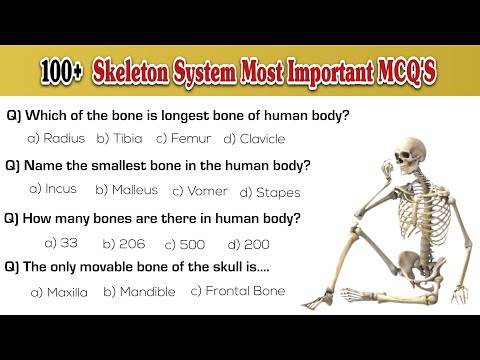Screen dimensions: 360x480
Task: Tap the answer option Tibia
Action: tap(122, 138)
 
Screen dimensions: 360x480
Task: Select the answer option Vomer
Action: tap(200, 190)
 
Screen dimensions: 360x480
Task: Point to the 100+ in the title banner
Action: tap(63, 72)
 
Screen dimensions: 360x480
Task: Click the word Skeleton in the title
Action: tap(135, 72)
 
